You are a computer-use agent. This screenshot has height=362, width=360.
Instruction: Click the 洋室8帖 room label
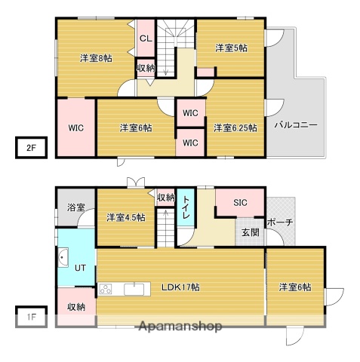[97, 57]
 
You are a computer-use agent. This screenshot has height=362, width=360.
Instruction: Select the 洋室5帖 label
[230, 48]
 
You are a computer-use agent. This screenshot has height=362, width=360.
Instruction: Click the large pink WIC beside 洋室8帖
[75, 128]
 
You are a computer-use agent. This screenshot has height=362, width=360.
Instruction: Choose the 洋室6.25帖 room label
[234, 127]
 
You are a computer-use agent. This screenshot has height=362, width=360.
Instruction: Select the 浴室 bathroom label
[75, 207]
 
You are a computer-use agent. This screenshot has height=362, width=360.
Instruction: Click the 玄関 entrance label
[250, 232]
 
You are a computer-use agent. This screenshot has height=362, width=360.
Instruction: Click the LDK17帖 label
[179, 287]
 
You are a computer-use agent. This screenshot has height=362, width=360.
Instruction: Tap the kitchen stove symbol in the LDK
[104, 288]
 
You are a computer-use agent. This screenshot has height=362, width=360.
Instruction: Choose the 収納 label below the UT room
[75, 306]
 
